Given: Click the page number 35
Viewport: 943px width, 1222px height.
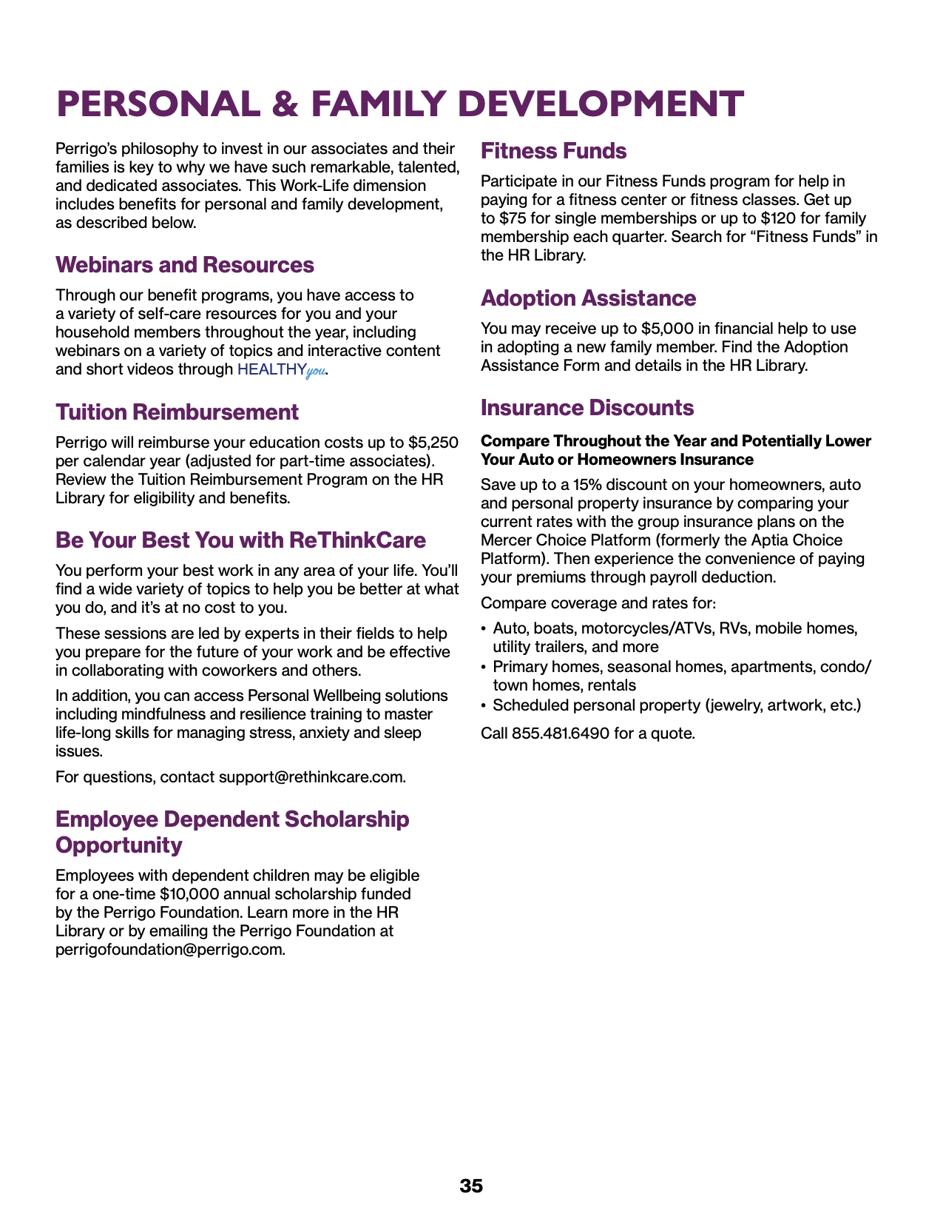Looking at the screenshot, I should (471, 1186).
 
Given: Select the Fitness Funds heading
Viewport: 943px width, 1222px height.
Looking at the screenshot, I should (553, 151).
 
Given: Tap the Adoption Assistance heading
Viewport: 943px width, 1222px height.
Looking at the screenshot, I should (588, 298).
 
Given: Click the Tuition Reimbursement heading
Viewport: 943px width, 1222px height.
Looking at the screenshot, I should (177, 412).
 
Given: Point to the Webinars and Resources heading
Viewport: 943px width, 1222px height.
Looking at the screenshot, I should (185, 265).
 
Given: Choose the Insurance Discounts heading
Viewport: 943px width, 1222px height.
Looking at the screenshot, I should (587, 408).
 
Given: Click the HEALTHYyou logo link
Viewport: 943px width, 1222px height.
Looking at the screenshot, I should (281, 369).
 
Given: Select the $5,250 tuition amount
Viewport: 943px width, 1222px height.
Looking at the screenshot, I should (433, 443).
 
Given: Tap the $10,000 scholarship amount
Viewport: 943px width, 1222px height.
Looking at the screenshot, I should (189, 894).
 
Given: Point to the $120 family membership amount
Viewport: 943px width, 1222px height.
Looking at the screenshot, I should (777, 218).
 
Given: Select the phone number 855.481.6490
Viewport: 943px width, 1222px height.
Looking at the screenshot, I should (561, 733).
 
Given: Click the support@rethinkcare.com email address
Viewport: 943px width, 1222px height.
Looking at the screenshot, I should (311, 777).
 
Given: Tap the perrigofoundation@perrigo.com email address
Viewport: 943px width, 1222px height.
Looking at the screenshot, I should (169, 950).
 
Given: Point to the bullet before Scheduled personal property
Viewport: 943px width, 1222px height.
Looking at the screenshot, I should (484, 705).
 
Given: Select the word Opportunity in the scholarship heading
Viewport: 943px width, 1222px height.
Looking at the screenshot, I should (119, 845).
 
